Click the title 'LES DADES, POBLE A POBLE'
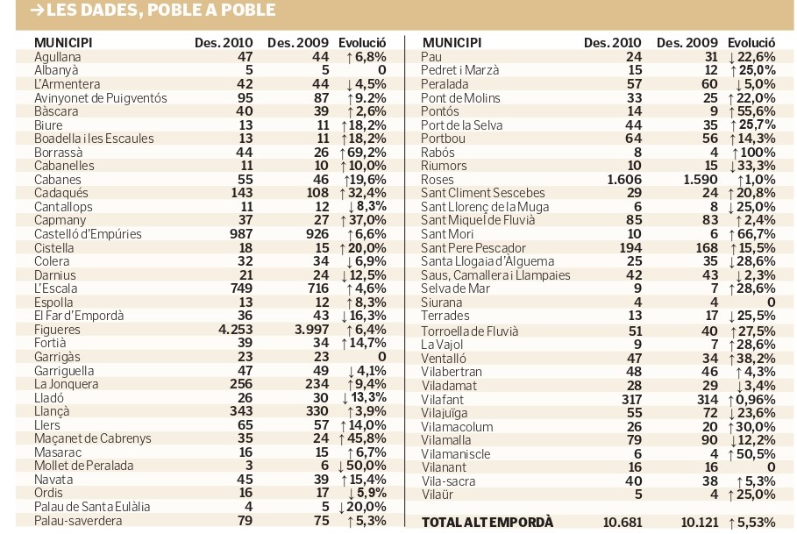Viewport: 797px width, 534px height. pos(161,11)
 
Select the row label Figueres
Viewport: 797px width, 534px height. pos(58,330)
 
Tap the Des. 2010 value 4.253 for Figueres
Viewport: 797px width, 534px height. pos(235,330)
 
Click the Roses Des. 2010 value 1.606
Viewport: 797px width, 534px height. pos(624,180)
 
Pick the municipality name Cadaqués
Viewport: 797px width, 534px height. pos(61,194)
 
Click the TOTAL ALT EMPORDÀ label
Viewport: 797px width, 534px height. pos(487,523)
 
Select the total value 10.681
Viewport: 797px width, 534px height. pos(623,523)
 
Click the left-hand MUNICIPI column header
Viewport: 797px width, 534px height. pos(63,43)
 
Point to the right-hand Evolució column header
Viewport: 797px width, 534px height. pos(751,43)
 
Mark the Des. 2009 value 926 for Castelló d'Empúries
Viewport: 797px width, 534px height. pos(317,234)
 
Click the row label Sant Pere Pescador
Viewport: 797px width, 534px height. pos(473,248)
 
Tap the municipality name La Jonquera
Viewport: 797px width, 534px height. pos(66,385)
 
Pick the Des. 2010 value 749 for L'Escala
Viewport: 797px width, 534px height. pos(241,288)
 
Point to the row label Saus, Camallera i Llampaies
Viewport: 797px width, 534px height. pos(495,275)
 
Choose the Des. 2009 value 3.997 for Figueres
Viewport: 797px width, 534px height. pos(311,330)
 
